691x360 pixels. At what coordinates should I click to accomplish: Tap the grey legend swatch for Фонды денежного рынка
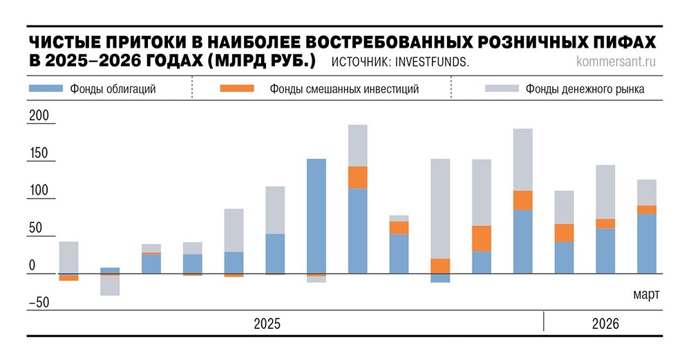pyautogui.click(x=502, y=88)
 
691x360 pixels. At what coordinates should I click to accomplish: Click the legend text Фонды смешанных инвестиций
pyautogui.click(x=344, y=89)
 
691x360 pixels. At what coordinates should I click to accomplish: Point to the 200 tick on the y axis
pyautogui.click(x=39, y=116)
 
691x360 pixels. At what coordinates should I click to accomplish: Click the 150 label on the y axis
pyautogui.click(x=39, y=153)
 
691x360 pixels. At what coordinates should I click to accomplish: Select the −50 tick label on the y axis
pyautogui.click(x=39, y=302)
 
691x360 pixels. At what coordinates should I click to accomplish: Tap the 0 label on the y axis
pyautogui.click(x=32, y=265)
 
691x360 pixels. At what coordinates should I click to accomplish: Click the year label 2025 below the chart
pyautogui.click(x=267, y=323)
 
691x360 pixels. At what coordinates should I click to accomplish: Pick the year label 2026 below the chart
pyautogui.click(x=605, y=323)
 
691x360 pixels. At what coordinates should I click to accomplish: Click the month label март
pyautogui.click(x=646, y=294)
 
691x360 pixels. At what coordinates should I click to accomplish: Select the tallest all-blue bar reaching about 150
pyautogui.click(x=316, y=216)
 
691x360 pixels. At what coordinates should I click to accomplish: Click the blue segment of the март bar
pyautogui.click(x=646, y=243)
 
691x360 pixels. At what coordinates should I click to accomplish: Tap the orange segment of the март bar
pyautogui.click(x=646, y=209)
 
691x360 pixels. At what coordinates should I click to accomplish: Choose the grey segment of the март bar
pyautogui.click(x=646, y=192)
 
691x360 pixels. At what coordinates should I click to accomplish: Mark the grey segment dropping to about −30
pyautogui.click(x=110, y=285)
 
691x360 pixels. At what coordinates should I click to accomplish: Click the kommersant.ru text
pyautogui.click(x=615, y=61)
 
